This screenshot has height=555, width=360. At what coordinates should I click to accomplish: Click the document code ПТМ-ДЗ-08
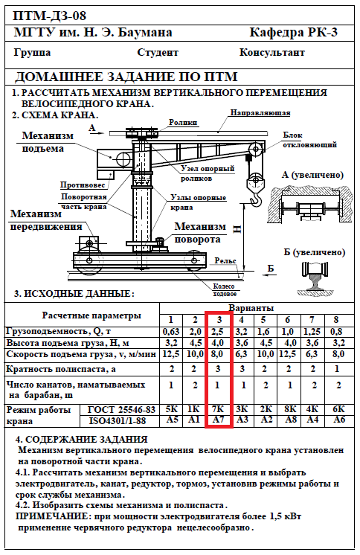point(49,16)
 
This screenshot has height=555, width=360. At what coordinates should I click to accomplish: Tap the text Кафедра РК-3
point(294,33)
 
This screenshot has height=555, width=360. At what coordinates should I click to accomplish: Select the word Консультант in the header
point(271,52)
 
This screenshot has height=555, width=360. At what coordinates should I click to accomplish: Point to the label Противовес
point(83,185)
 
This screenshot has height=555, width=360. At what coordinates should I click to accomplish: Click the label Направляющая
point(260,113)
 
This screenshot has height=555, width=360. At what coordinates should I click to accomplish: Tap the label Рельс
point(225,260)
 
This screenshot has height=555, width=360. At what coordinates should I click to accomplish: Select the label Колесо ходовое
point(224,290)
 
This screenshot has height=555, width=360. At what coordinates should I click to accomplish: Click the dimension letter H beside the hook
point(237,229)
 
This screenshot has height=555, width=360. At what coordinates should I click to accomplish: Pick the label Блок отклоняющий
point(309,140)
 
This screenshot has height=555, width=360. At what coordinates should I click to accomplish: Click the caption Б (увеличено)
point(315,252)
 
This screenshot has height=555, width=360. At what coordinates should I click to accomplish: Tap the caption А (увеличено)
point(313,175)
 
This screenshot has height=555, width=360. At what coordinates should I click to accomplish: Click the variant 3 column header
point(219,320)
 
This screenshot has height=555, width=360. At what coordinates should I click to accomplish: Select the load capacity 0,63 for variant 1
point(171,332)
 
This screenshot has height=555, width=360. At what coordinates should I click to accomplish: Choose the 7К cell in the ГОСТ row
point(218,409)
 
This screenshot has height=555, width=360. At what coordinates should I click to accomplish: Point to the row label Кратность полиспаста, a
point(61,369)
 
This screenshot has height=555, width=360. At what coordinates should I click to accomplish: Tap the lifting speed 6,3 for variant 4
point(242,354)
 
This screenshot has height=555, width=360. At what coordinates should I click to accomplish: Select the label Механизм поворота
point(200,233)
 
